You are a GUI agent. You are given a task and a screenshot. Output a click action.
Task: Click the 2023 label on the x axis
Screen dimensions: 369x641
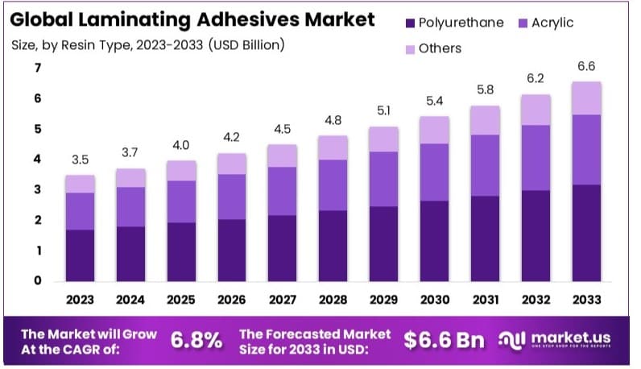tap(81, 300)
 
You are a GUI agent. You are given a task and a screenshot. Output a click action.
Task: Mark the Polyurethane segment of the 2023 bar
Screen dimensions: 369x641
tap(81, 255)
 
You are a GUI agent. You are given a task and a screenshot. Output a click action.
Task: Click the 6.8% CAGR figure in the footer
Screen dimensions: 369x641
tap(196, 340)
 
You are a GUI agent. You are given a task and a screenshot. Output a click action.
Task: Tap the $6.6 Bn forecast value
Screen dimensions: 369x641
tap(445, 340)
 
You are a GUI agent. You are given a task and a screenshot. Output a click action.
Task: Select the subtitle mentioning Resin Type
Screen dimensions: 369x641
tap(148, 45)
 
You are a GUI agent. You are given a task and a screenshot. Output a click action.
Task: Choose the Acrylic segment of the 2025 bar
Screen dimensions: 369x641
tap(180, 201)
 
